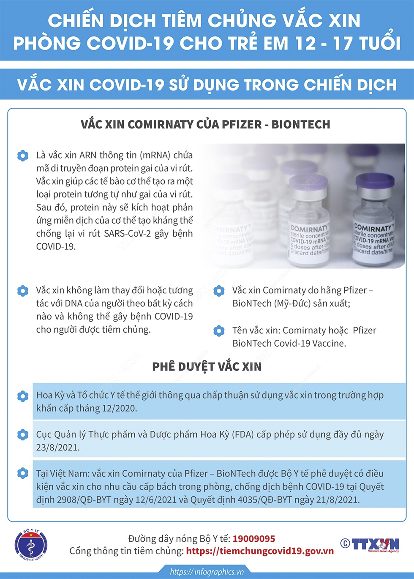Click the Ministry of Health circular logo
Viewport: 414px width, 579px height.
click(x=30, y=545)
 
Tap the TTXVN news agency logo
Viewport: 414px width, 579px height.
click(x=370, y=544)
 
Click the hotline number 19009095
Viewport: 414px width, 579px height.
click(x=254, y=539)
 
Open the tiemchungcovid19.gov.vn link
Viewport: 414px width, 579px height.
click(x=260, y=551)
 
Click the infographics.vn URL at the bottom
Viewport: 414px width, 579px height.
click(x=207, y=572)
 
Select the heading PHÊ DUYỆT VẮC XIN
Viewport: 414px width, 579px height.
click(x=207, y=366)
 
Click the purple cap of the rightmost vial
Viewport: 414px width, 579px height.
click(x=375, y=181)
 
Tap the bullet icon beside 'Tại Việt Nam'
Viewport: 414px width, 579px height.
click(x=23, y=473)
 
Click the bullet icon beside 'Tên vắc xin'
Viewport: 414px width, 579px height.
click(x=219, y=330)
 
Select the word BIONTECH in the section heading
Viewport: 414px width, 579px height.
click(x=301, y=124)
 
